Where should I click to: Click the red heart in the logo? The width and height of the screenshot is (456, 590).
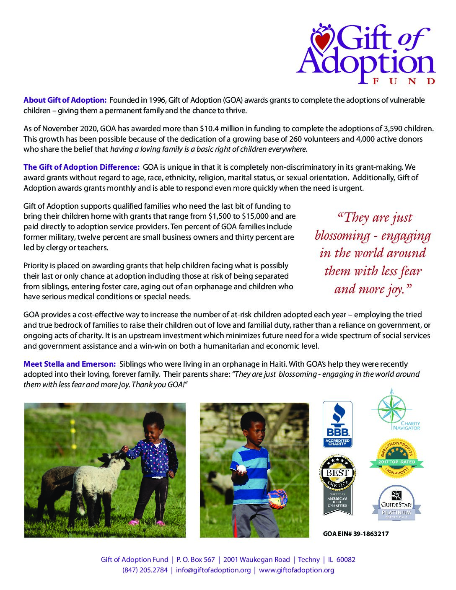tap(322, 41)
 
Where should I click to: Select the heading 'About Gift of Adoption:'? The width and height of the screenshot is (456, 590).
tap(65, 100)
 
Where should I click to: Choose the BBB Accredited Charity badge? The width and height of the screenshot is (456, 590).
tap(337, 424)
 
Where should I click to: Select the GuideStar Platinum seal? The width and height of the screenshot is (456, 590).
tap(396, 503)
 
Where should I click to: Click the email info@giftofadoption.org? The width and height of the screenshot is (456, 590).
tap(213, 570)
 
